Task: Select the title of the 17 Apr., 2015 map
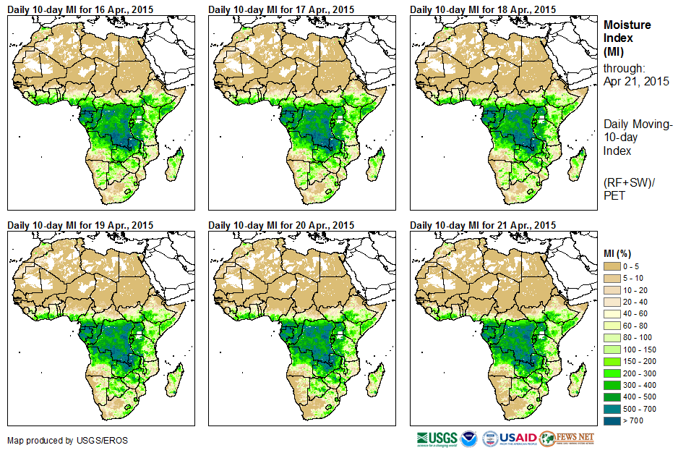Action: tap(281, 9)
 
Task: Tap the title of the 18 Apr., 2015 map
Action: tap(483, 9)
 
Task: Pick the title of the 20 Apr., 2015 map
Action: tap(281, 225)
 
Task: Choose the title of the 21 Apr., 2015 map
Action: tap(483, 225)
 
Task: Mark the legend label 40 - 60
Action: tap(636, 314)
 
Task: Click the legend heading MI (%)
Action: tap(619, 252)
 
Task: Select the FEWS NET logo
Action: tap(567, 439)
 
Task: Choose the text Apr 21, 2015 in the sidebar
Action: tap(636, 81)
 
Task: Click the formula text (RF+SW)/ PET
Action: tap(627, 189)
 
